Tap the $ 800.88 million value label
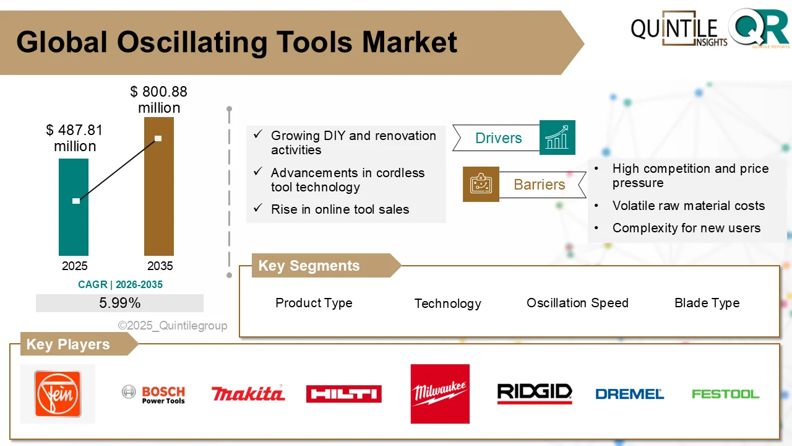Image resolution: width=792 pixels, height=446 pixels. point(158,100)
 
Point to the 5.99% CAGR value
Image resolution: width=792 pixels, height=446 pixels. point(119,303)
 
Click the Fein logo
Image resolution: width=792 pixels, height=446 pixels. point(58,393)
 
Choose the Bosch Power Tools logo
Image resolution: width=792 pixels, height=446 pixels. point(154,395)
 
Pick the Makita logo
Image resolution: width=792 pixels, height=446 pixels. point(247,393)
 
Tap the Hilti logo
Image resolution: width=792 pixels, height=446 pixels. point(343,394)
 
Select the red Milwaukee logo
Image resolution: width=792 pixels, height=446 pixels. point(440,394)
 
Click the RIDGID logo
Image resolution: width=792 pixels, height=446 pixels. point(535,393)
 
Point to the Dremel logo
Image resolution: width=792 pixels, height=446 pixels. point(629,394)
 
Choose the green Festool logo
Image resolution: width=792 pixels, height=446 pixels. point(725,394)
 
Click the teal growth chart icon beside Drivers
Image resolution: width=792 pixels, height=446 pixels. point(557,138)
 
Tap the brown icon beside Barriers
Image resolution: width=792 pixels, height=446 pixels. point(481,184)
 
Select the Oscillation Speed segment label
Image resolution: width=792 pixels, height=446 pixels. point(577,303)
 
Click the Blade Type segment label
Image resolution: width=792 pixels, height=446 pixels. point(707,303)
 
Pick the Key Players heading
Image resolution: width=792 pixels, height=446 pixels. point(68,344)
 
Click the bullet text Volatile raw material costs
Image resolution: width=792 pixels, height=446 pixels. point(688,206)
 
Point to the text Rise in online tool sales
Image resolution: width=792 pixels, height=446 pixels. point(340,209)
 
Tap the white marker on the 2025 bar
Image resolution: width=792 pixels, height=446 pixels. point(76,201)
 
